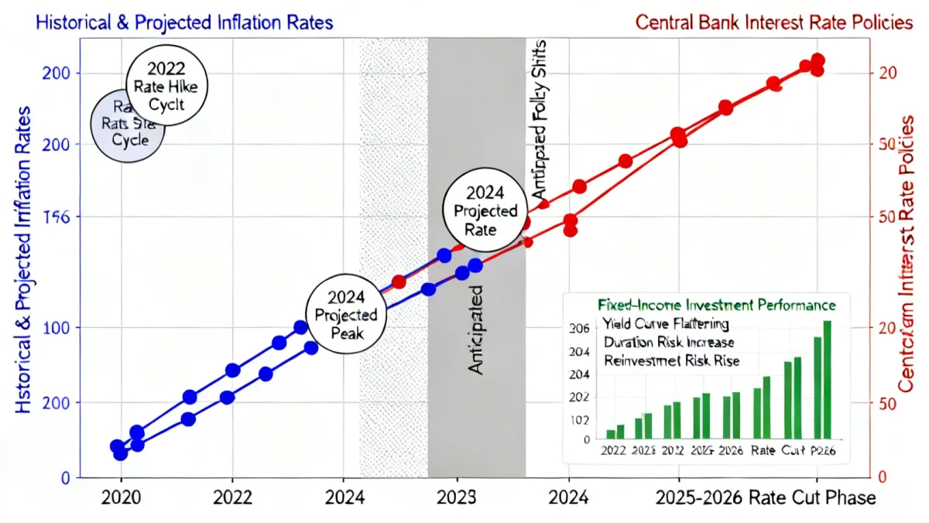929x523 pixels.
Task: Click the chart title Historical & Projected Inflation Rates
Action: coord(168,22)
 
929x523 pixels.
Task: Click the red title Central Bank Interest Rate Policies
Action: coord(774,22)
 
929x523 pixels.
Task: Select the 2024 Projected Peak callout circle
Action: coord(341,315)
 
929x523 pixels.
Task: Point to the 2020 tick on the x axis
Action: coord(121,497)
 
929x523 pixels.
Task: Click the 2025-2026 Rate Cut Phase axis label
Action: coord(766,497)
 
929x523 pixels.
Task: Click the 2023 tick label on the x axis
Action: coord(457,497)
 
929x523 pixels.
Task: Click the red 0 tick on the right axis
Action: coord(881,478)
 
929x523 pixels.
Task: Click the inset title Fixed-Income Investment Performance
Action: coord(717,305)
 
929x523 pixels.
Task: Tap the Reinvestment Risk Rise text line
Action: coord(670,361)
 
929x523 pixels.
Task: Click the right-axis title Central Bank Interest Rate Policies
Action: coord(909,255)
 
